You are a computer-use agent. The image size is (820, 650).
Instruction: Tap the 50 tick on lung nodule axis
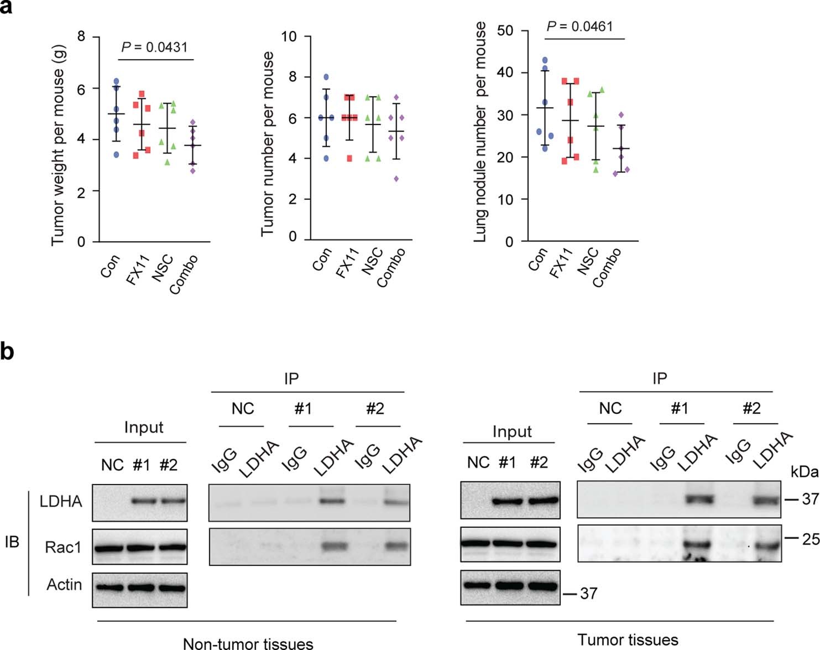[x=505, y=30]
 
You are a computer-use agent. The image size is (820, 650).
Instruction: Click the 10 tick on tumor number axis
[x=289, y=37]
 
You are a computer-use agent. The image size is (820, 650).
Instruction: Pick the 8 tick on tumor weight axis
[x=81, y=37]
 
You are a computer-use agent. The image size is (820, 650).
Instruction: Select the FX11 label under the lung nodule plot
[x=562, y=262]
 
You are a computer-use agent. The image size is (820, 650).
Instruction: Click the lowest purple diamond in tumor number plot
[x=395, y=179]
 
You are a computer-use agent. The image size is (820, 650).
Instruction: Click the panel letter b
[x=7, y=351]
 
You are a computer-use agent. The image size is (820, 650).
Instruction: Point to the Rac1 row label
[x=63, y=548]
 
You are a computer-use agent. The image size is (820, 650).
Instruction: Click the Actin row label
[x=64, y=585]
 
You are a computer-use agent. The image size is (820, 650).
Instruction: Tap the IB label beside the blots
[x=12, y=542]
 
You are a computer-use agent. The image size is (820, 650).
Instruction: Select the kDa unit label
[x=804, y=471]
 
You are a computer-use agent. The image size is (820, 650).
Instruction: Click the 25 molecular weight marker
[x=810, y=539]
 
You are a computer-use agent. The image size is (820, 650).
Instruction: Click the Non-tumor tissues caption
[x=248, y=643]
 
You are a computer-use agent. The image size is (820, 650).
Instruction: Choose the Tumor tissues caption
[x=628, y=640]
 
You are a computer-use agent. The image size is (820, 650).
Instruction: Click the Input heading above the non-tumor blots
[x=144, y=427]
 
